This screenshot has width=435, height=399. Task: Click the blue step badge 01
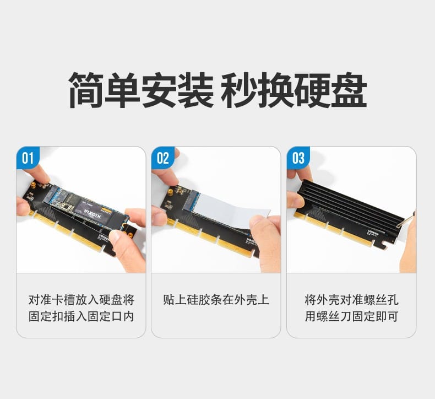pyautogui.click(x=28, y=158)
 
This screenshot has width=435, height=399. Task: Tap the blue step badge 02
pyautogui.click(x=163, y=158)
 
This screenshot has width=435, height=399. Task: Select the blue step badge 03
pyautogui.click(x=298, y=158)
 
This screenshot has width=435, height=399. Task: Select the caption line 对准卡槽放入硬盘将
pyautogui.click(x=81, y=300)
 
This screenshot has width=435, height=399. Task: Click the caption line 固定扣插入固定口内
pyautogui.click(x=81, y=317)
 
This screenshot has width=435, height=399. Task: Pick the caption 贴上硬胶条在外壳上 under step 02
pyautogui.click(x=216, y=300)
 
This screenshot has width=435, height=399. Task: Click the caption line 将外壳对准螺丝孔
pyautogui.click(x=351, y=300)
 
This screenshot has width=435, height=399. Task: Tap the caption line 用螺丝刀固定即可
pyautogui.click(x=351, y=317)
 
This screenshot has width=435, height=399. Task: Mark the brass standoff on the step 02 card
pyautogui.click(x=170, y=193)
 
